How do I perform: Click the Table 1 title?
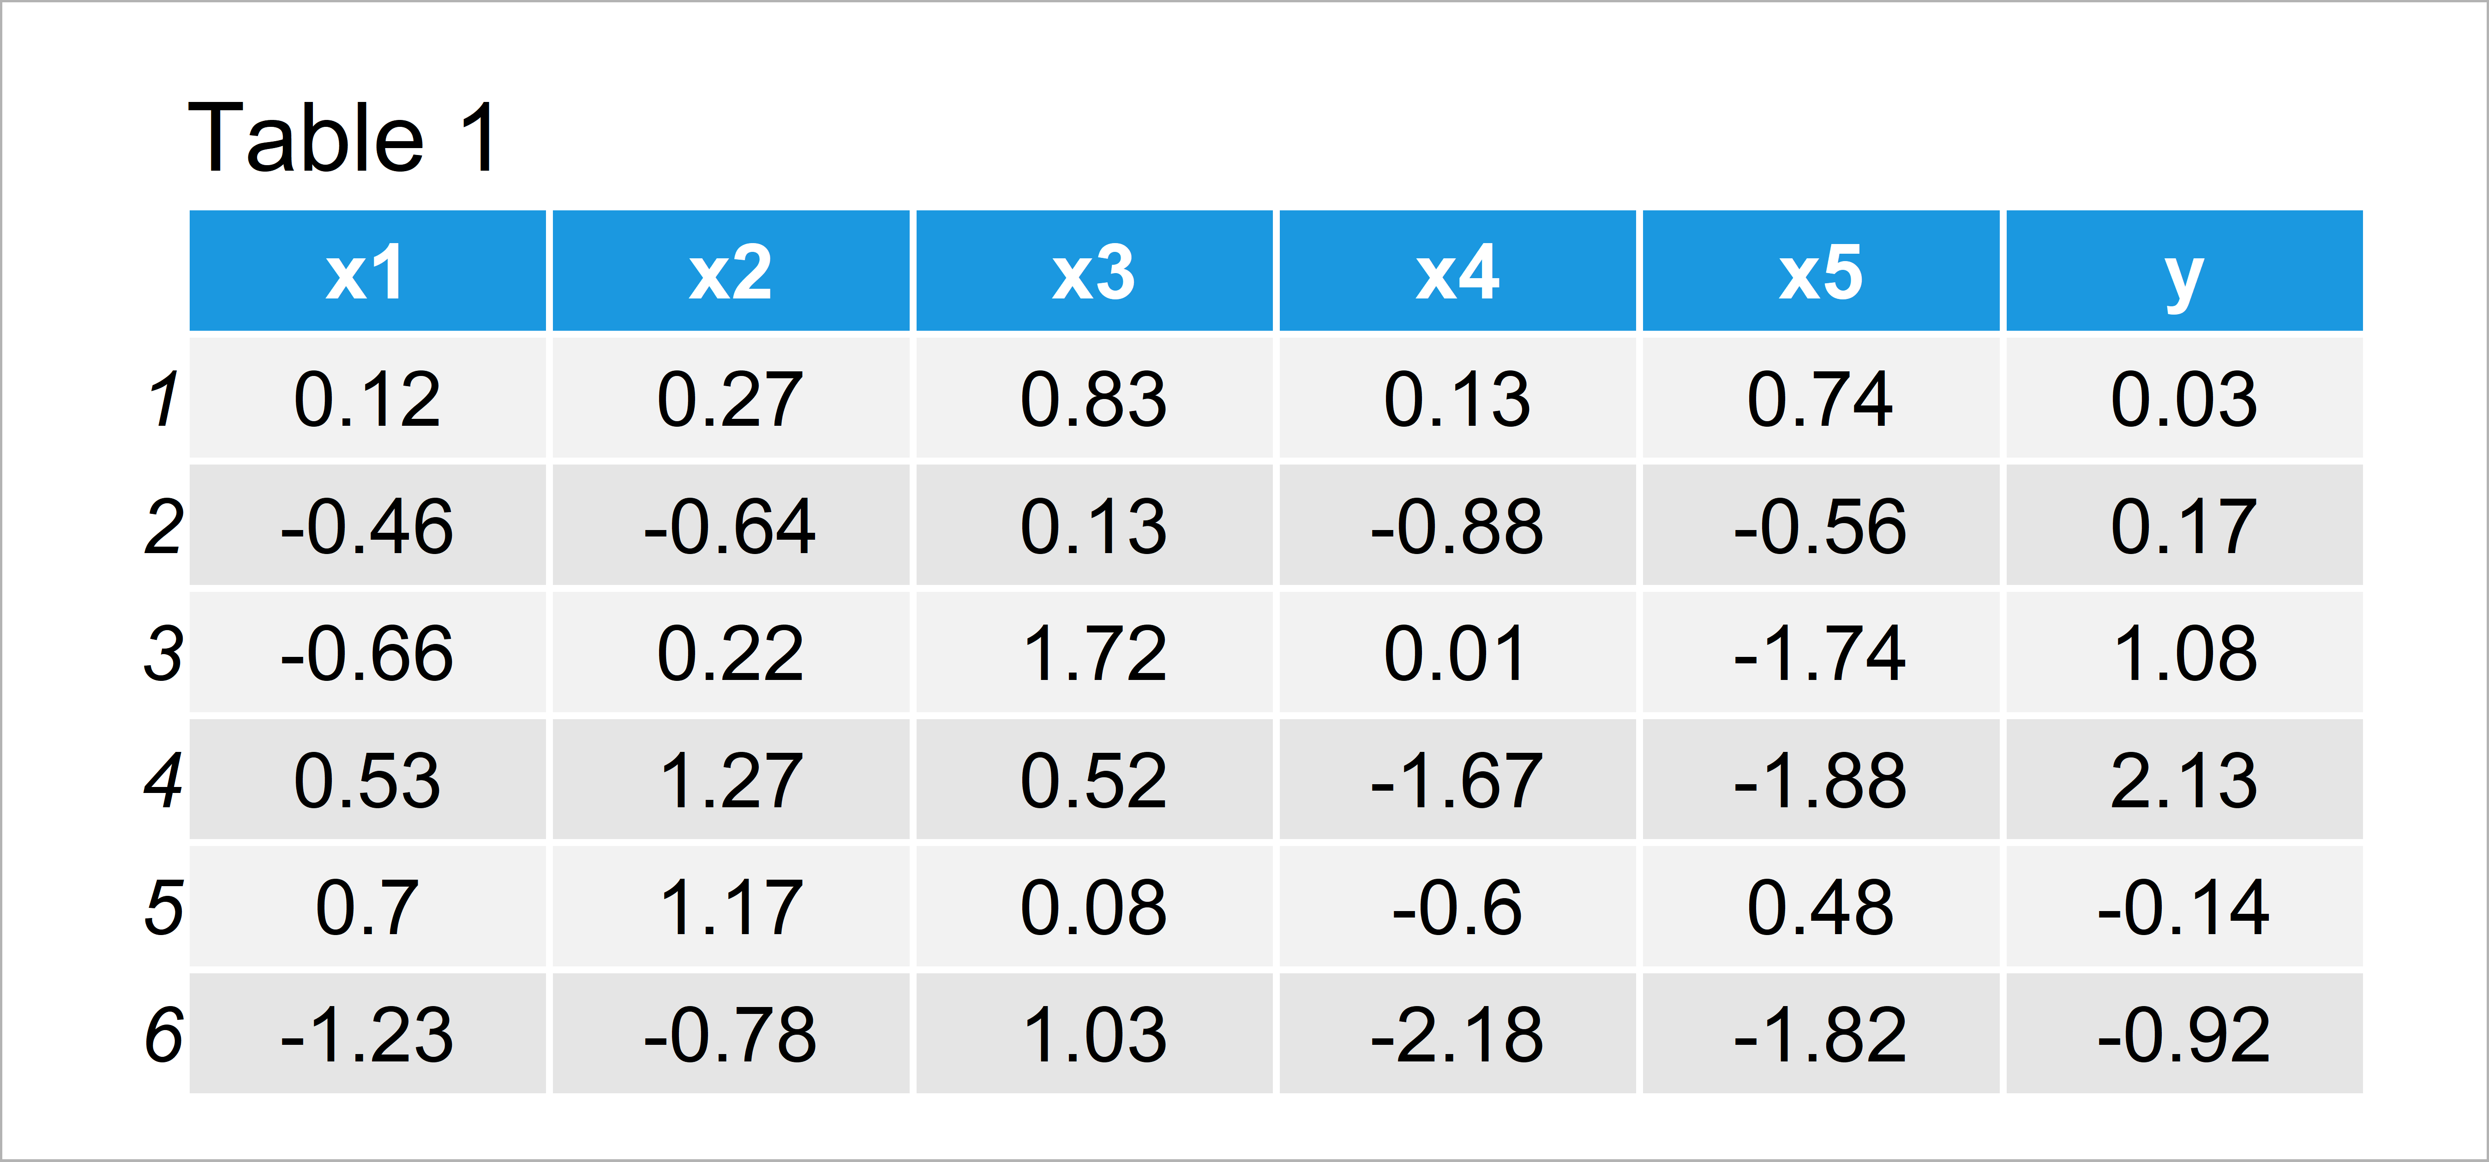[343, 138]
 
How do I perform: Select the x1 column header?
[367, 271]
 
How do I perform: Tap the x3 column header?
[1094, 271]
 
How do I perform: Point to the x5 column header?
[1820, 271]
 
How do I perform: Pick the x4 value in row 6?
[1457, 1034]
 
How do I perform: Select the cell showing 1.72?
[1094, 653]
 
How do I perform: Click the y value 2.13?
[2183, 780]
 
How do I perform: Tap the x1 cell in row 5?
[367, 907]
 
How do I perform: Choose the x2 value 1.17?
[731, 907]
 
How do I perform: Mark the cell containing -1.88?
[1820, 780]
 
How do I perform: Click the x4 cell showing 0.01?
[1457, 653]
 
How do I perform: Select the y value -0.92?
[2183, 1034]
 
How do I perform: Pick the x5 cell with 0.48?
[1820, 907]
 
